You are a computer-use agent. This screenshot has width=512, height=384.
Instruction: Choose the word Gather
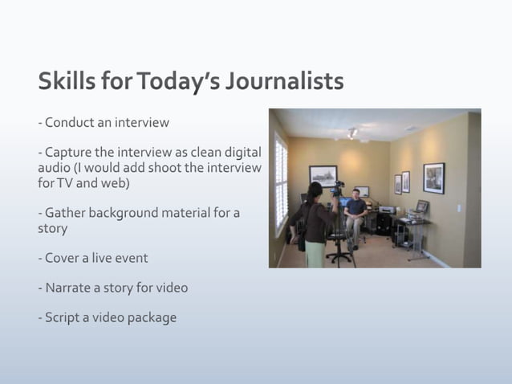[66, 213]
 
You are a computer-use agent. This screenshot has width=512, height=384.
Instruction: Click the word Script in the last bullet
[63, 317]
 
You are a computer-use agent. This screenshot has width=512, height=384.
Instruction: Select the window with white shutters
[281, 181]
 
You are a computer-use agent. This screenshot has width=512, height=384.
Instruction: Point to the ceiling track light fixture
[352, 132]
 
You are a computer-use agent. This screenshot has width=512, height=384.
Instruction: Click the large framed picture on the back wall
[323, 175]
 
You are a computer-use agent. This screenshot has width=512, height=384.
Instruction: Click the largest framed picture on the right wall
[433, 178]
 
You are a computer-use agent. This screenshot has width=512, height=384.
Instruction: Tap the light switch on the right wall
[460, 206]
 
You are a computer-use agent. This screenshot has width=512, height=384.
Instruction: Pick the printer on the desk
[386, 210]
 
